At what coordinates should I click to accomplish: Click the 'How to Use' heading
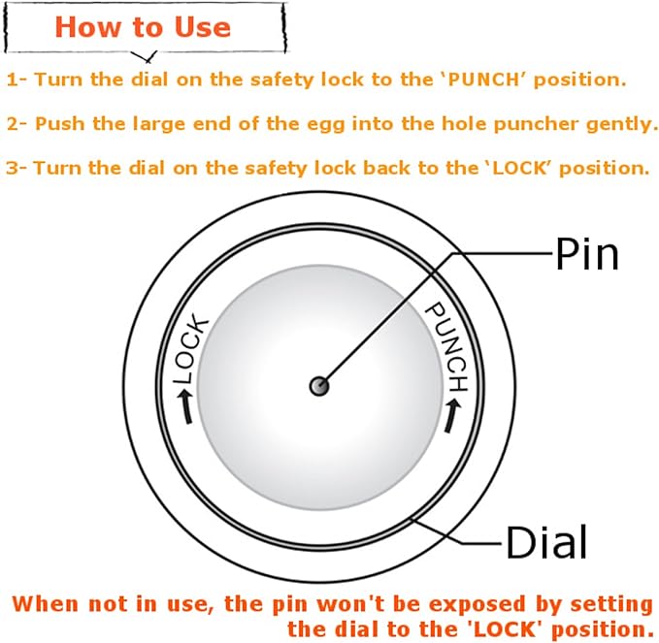[143, 28]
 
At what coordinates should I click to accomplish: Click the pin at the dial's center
[319, 386]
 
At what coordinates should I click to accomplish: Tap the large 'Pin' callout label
[587, 253]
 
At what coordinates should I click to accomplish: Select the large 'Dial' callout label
[546, 542]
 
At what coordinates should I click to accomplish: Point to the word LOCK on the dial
[191, 348]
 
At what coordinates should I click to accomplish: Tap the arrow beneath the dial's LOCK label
[185, 406]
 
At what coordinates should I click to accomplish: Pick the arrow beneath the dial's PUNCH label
[452, 415]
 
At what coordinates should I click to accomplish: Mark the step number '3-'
[16, 168]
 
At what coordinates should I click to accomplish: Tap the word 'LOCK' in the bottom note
[505, 629]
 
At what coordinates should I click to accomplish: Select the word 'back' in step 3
[386, 168]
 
